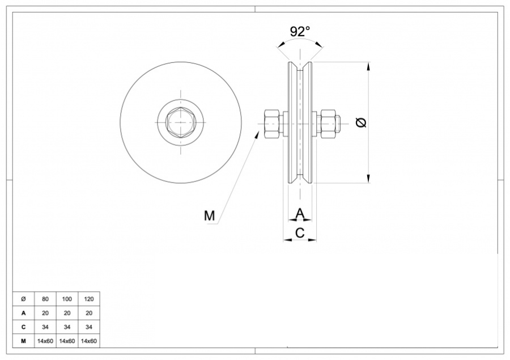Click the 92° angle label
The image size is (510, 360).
[x=300, y=31]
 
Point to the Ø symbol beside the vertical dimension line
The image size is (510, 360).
[x=361, y=122]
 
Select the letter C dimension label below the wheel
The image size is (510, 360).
[x=300, y=232]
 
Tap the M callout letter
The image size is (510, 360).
[x=209, y=215]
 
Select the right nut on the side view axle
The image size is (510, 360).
[x=327, y=122]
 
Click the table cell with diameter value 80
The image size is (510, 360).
[x=45, y=299]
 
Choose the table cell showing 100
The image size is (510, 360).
[x=67, y=299]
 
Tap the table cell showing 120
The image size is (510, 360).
[x=89, y=299]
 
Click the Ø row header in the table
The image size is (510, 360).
[x=23, y=299]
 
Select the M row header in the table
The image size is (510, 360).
[x=23, y=341]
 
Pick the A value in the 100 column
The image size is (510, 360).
[x=67, y=312]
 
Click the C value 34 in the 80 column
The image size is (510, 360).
[x=45, y=327]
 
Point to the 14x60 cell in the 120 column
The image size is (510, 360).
[x=89, y=341]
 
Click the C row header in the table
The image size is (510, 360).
[x=23, y=327]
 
